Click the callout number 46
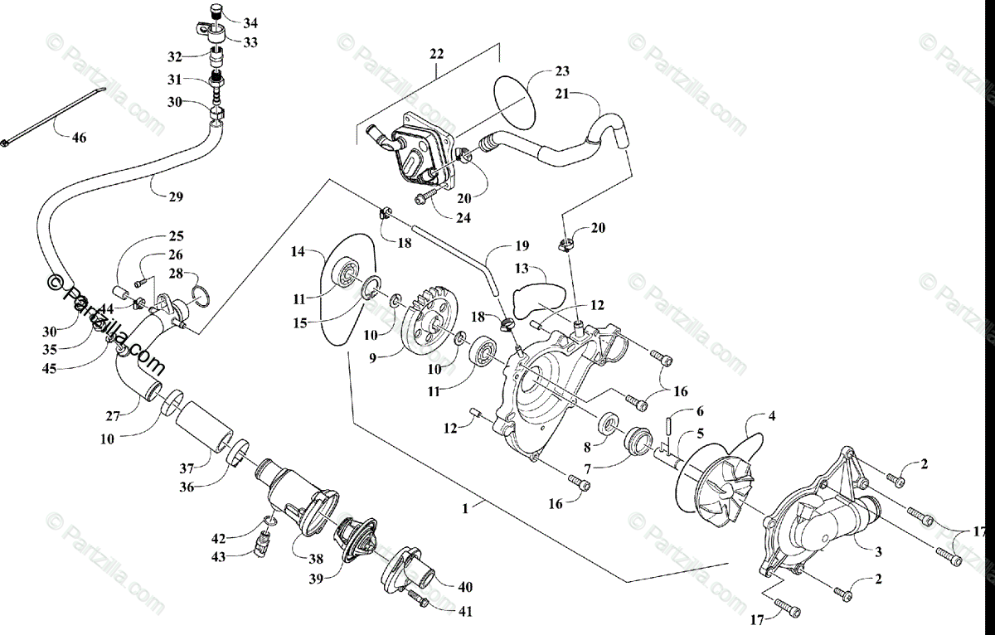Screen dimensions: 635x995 coord(78,138)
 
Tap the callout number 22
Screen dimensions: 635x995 coord(437,54)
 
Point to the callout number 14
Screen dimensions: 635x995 coord(298,250)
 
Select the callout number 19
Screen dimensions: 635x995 coord(521,245)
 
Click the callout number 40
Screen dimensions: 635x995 coord(464,586)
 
